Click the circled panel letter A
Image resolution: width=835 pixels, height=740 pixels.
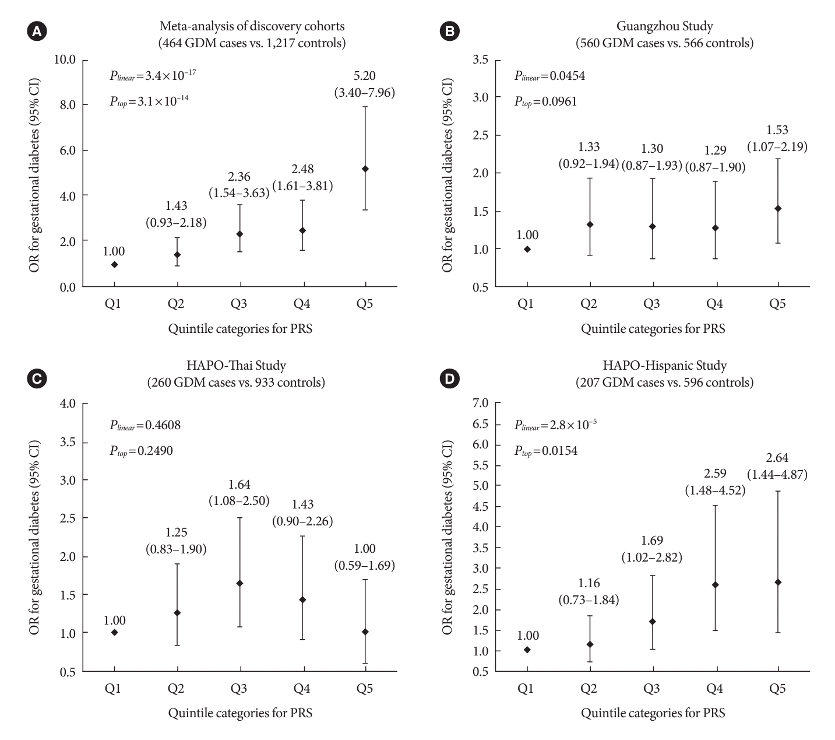pos(36,32)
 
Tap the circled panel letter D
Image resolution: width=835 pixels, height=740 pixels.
pos(449,379)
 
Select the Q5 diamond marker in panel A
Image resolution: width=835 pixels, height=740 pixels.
pos(365,169)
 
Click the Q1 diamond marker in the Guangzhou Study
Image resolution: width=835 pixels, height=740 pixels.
pos(527,249)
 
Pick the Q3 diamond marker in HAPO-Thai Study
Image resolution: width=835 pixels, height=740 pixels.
pos(239,583)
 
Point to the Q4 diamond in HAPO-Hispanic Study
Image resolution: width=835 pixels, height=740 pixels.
pos(715,584)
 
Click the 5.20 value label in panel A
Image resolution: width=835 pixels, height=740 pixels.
pos(365,76)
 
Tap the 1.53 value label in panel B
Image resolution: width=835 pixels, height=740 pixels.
pos(777,130)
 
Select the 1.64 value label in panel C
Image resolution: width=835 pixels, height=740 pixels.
pos(239,485)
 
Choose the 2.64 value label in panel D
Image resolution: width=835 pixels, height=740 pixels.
pos(777,458)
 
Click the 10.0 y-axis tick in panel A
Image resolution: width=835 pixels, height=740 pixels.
pos(65,59)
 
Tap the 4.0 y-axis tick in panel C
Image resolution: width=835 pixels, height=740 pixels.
pos(68,404)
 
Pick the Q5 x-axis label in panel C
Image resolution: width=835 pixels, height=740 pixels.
pos(365,689)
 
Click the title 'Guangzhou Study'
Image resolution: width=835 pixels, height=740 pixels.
pos(664,26)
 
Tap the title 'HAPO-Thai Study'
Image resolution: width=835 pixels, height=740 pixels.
pos(236,366)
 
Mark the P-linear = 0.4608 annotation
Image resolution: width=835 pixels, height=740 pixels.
pos(145,425)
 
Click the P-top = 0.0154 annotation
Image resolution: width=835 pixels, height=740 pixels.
pos(546,451)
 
